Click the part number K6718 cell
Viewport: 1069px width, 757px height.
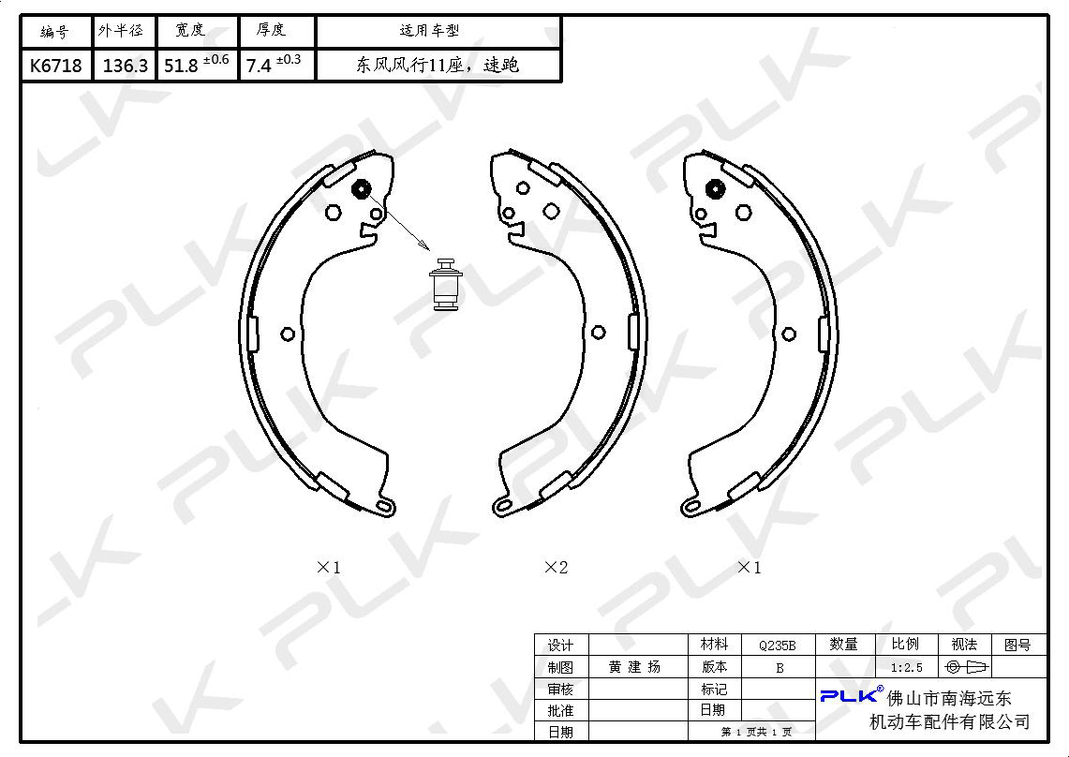coord(56,66)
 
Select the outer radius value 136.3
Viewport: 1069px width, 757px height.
coord(125,66)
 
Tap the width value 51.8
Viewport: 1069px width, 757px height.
coord(181,66)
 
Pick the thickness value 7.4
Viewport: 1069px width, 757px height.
coord(259,66)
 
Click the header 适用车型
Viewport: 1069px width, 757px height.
coord(429,31)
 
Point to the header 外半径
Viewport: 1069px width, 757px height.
coord(121,31)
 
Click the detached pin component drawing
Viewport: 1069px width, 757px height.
coord(446,284)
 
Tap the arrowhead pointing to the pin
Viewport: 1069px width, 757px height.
coord(423,245)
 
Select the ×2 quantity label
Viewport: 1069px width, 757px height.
coord(556,567)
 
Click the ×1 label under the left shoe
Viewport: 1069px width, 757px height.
coord(328,567)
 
